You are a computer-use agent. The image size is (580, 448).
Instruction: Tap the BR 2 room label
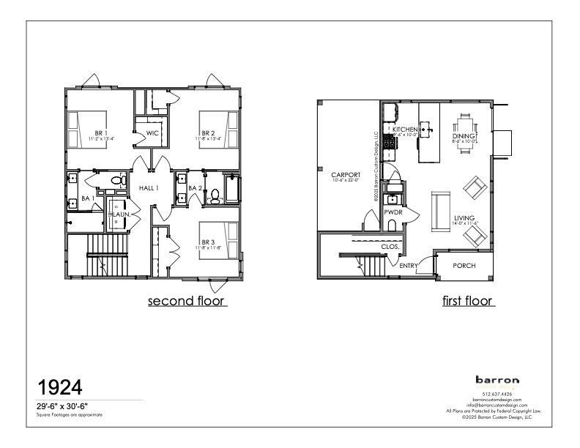(x=209, y=132)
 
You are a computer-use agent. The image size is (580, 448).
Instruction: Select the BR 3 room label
(x=209, y=242)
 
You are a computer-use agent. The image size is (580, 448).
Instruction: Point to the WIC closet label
(x=152, y=133)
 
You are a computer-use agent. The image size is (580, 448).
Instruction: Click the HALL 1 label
(x=150, y=188)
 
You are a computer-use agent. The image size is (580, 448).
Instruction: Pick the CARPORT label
(x=343, y=175)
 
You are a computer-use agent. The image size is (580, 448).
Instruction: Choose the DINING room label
(x=464, y=136)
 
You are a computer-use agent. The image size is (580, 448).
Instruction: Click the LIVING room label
(x=464, y=218)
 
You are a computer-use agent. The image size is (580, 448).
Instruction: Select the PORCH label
(x=464, y=265)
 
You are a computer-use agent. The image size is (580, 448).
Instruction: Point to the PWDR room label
(x=393, y=212)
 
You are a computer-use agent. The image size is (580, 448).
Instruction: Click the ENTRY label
(x=409, y=266)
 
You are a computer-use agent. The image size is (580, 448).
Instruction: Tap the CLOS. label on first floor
(x=390, y=247)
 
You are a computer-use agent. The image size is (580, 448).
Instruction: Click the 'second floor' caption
(x=187, y=301)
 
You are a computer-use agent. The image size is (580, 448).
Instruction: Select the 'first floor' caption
(x=468, y=301)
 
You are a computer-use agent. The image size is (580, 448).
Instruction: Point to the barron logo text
(x=497, y=380)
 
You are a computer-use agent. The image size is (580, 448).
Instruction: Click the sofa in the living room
(x=439, y=210)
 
